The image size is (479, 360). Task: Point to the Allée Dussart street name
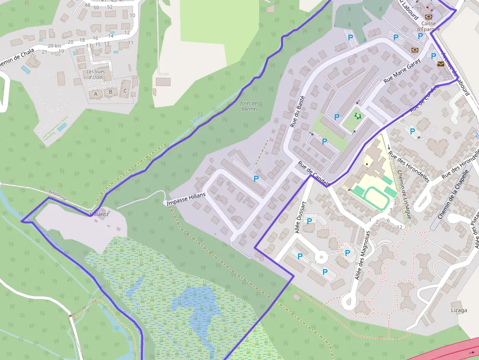(x=301, y=217)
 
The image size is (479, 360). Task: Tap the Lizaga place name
(x=458, y=310)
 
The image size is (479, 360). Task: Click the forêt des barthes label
(x=249, y=106)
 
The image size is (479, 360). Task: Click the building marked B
(x=110, y=92)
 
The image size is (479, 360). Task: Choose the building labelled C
(x=125, y=91)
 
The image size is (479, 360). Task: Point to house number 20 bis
(x=54, y=45)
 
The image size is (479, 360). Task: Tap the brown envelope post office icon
(x=441, y=64)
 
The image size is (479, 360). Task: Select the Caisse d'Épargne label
(x=428, y=26)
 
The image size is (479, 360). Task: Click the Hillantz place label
(x=99, y=214)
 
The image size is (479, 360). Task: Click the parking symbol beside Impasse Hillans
(x=256, y=179)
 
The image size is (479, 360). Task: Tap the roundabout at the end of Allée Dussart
(x=321, y=255)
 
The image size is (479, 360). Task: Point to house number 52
(x=109, y=7)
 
